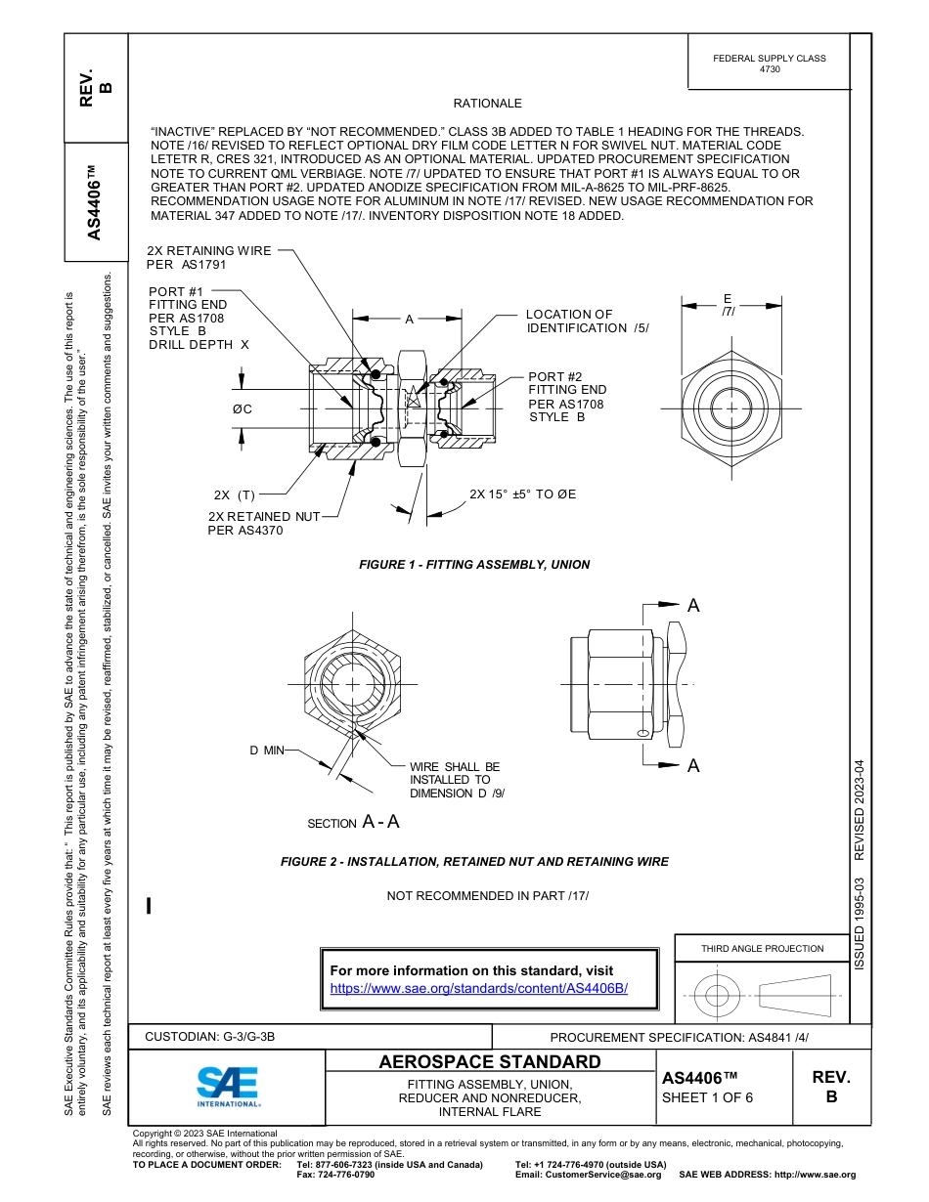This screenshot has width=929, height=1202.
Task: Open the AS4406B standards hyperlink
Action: [x=478, y=988]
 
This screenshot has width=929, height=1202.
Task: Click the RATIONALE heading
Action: [x=487, y=104]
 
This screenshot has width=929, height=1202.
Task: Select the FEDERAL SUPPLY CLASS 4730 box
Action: [x=769, y=64]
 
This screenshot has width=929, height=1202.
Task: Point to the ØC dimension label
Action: [x=242, y=408]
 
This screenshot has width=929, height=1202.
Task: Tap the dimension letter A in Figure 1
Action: [x=409, y=319]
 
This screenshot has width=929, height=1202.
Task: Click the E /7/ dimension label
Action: [x=727, y=304]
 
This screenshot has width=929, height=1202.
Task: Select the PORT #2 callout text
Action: [x=566, y=397]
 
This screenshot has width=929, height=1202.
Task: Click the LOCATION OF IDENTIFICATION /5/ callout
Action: [x=587, y=321]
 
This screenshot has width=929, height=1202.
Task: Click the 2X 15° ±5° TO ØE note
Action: [x=522, y=494]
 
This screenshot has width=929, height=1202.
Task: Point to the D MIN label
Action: [x=266, y=750]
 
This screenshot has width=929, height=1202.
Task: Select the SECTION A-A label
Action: [x=353, y=822]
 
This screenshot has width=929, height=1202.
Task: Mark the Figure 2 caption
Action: [x=474, y=862]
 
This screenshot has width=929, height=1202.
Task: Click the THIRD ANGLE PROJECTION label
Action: [x=762, y=948]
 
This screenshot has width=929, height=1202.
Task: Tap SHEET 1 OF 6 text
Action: [x=707, y=1096]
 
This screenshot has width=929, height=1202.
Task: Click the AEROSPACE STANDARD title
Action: [x=489, y=1062]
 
